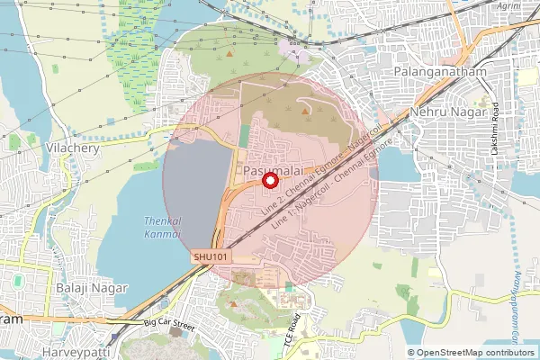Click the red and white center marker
coord(269,181)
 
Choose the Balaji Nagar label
coord(91,288)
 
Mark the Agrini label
coord(508,4)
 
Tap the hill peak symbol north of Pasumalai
coord(305,111)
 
